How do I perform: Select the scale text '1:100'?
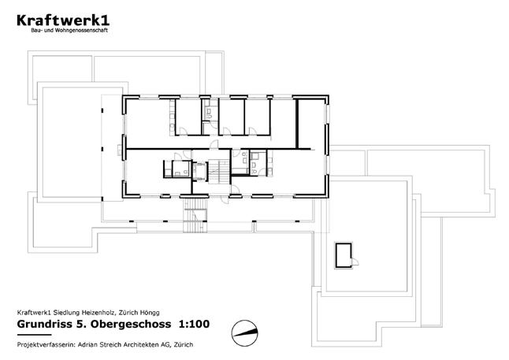(195, 324)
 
